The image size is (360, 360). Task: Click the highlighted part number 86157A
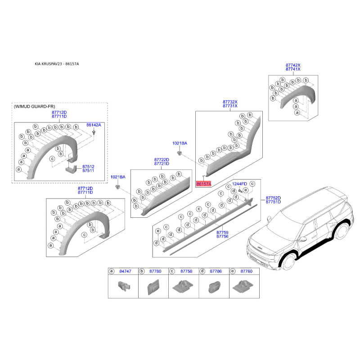click(x=204, y=184)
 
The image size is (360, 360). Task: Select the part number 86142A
click(x=94, y=125)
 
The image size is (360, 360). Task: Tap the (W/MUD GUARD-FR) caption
click(x=35, y=107)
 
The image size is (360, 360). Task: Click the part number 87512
click(x=88, y=166)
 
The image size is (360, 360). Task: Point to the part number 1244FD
click(x=239, y=184)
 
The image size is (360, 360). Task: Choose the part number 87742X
click(x=293, y=65)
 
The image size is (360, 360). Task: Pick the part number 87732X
click(x=230, y=102)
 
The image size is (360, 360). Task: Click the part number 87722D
click(x=162, y=160)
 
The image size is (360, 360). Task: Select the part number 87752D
click(x=273, y=198)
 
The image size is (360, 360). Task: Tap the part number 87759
click(x=222, y=233)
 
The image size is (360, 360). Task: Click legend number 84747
click(x=126, y=271)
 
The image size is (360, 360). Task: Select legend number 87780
click(x=155, y=271)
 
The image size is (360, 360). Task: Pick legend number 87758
click(x=186, y=271)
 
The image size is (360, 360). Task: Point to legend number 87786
click(x=216, y=271)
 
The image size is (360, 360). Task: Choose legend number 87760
click(x=246, y=271)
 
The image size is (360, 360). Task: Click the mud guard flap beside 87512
click(x=71, y=170)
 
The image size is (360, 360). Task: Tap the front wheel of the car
click(x=288, y=262)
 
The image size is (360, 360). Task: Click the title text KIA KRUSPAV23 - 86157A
click(x=57, y=64)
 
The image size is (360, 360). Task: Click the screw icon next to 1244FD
click(x=240, y=190)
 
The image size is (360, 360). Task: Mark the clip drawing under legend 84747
click(x=124, y=286)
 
